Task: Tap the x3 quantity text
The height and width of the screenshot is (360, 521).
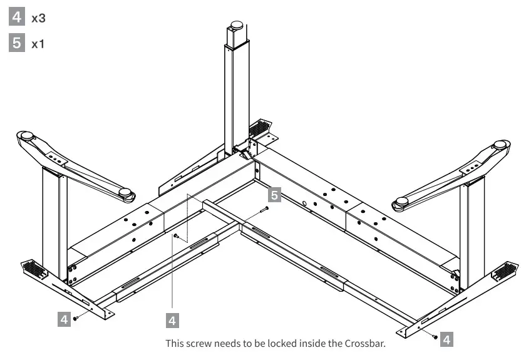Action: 39,18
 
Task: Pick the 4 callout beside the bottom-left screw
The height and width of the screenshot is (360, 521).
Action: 63,319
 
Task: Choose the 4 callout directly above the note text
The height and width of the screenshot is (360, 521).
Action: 173,321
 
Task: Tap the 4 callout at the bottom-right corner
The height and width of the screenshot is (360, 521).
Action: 445,339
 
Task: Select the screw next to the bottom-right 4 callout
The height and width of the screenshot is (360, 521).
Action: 433,337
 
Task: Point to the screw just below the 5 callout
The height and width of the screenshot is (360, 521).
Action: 266,208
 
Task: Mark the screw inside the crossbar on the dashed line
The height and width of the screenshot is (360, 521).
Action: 177,236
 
